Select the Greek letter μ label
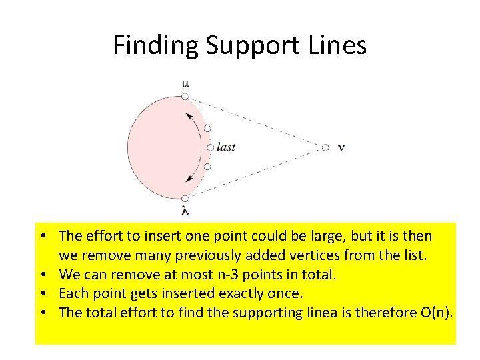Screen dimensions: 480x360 click(185, 83)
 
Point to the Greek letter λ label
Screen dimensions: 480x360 click(185, 211)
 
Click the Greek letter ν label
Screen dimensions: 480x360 click(341, 147)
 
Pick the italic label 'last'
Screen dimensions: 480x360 click(226, 147)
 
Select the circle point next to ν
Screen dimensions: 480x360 click(325, 147)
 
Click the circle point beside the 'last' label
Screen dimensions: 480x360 click(211, 147)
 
